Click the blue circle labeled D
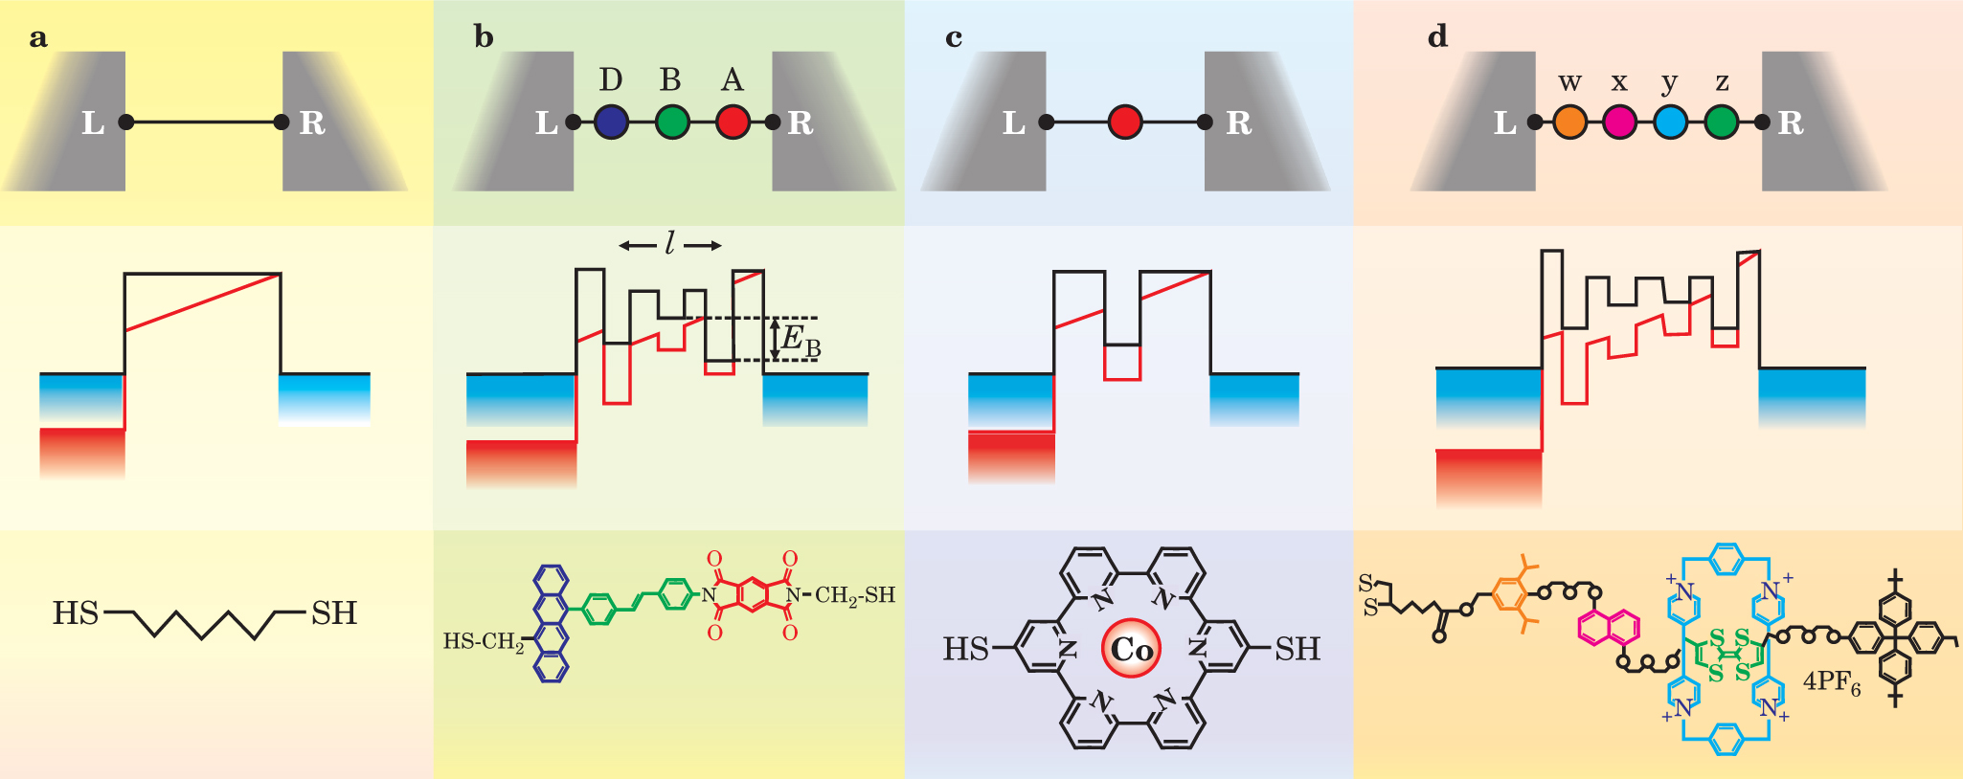click(611, 122)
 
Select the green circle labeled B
click(672, 122)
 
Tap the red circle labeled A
click(733, 122)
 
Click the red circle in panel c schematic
click(1125, 122)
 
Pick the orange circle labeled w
click(1569, 122)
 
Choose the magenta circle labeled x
click(1619, 122)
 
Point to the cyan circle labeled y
click(1670, 122)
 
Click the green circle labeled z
click(1722, 122)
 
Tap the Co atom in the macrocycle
click(1131, 649)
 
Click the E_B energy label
click(801, 340)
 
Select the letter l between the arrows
click(669, 245)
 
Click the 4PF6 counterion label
click(1831, 682)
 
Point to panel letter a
click(38, 38)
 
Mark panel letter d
click(1437, 37)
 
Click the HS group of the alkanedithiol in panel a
click(76, 613)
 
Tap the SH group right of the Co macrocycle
click(1297, 649)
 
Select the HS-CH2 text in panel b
click(484, 641)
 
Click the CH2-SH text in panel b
click(854, 595)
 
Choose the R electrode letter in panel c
click(1238, 122)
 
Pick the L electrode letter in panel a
click(93, 122)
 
